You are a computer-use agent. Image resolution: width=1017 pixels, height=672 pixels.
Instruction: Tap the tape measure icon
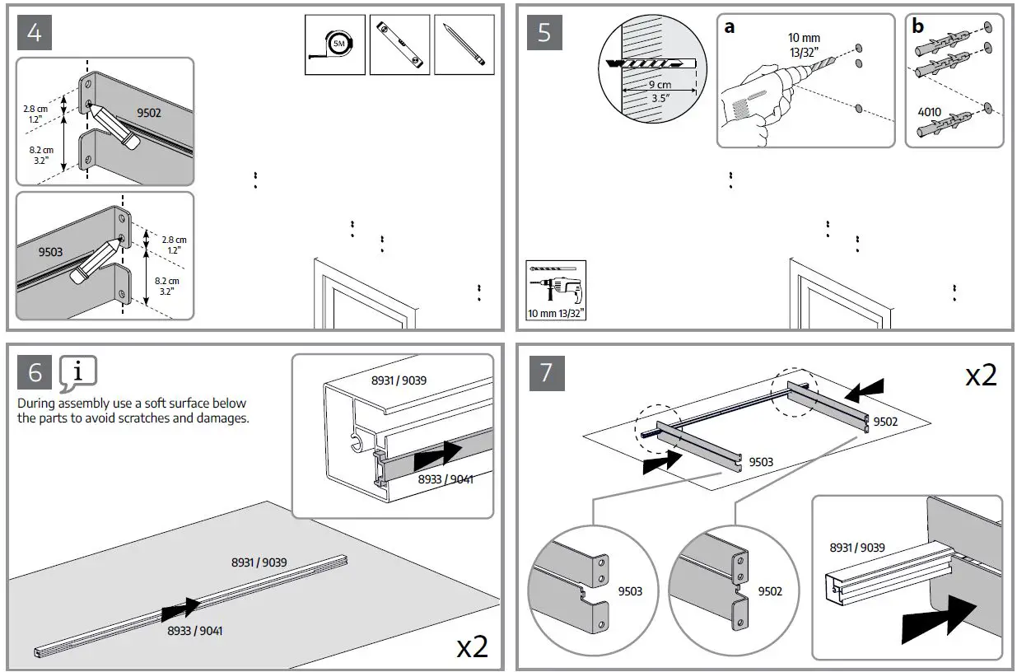click(x=334, y=44)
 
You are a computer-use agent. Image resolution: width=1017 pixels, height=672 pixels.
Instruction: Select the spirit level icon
click(x=399, y=44)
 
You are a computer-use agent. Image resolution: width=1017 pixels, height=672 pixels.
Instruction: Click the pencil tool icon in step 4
click(x=464, y=44)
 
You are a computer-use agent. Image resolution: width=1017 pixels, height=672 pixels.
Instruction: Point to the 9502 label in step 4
click(x=148, y=113)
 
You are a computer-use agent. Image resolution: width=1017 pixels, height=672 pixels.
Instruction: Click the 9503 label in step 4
click(x=51, y=252)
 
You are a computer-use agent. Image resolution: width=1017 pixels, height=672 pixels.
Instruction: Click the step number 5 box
click(x=544, y=32)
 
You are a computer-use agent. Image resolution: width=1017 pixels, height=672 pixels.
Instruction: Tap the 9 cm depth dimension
click(x=659, y=85)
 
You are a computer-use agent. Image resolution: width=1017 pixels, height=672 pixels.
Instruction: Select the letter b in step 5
click(x=918, y=26)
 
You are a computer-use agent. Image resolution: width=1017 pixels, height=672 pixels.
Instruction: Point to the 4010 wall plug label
click(x=929, y=112)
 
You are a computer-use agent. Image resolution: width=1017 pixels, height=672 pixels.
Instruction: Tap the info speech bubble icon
click(x=78, y=373)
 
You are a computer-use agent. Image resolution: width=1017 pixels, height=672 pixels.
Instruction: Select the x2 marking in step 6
click(x=473, y=646)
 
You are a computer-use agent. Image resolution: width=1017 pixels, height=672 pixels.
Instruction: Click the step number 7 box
click(x=544, y=373)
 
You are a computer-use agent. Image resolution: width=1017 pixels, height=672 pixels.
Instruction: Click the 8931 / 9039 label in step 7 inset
click(x=857, y=548)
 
